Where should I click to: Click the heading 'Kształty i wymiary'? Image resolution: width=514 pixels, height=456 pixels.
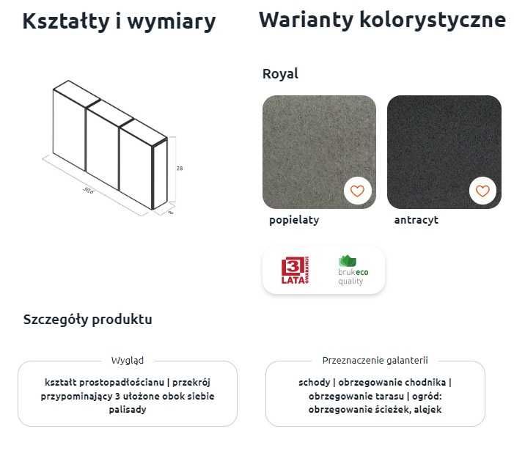tap(119, 22)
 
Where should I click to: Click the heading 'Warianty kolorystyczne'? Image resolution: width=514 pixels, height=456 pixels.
tap(382, 20)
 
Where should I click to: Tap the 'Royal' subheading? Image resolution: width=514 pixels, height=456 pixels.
tap(280, 74)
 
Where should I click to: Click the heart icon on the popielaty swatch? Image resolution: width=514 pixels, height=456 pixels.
tap(357, 191)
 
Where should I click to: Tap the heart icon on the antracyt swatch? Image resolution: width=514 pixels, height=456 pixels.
tap(482, 191)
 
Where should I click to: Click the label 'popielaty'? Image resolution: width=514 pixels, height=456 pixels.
tap(294, 220)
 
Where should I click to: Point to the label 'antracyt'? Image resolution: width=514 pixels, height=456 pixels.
tap(416, 220)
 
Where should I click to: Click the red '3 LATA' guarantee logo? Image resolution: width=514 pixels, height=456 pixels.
tap(295, 271)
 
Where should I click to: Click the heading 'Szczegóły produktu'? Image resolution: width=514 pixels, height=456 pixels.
tap(88, 320)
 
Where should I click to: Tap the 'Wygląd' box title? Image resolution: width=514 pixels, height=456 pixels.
tap(128, 361)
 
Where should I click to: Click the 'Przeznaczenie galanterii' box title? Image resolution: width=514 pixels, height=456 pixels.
tap(375, 361)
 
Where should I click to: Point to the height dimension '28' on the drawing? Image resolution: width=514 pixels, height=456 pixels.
tap(180, 169)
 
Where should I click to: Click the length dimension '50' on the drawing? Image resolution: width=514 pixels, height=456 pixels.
tap(88, 191)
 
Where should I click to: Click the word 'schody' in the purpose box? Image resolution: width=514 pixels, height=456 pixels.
tap(314, 383)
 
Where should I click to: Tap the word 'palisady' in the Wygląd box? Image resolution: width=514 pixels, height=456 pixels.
tap(128, 410)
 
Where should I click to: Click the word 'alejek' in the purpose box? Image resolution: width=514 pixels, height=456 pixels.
tap(427, 410)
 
